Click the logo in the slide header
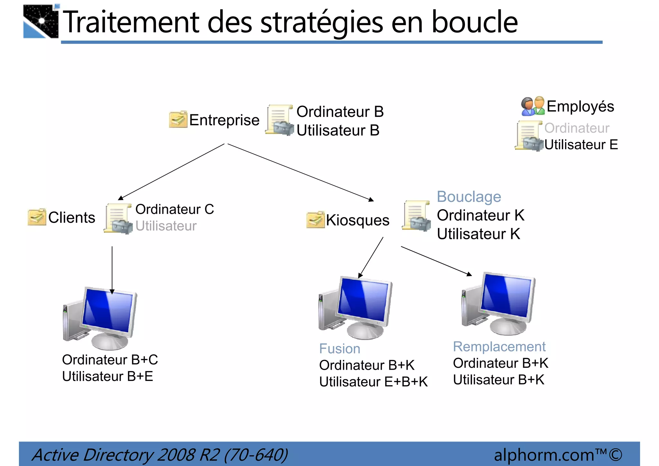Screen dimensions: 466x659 tap(41, 21)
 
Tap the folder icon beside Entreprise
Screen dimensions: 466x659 tap(178, 119)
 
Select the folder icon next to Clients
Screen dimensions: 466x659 tap(37, 217)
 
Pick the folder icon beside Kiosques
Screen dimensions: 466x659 tap(315, 220)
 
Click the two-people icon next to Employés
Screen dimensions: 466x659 tap(533, 106)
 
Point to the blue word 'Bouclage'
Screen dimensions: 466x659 tap(469, 197)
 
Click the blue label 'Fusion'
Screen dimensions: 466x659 tap(339, 349)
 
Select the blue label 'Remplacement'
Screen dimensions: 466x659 tap(499, 347)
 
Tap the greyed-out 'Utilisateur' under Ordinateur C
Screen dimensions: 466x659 tap(166, 226)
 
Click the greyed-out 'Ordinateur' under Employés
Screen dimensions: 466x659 tap(577, 128)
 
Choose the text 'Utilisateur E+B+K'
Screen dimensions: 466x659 tap(373, 382)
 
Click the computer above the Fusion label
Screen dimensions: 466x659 tap(356, 308)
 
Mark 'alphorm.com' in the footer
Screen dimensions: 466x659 tap(544, 455)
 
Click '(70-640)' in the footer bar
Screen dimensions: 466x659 tap(256, 455)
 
